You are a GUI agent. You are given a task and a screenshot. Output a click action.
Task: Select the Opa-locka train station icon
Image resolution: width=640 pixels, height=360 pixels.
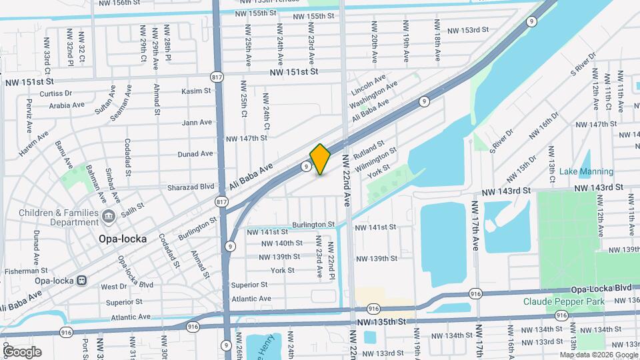point(81,281)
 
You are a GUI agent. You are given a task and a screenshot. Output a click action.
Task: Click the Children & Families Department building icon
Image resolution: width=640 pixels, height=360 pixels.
point(109,217)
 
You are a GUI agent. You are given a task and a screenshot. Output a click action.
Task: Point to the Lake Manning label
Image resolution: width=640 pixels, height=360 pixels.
point(586,172)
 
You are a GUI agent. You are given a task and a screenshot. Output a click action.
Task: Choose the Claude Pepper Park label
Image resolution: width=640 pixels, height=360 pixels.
point(563,301)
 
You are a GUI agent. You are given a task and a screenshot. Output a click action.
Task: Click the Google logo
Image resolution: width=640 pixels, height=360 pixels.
point(21,351)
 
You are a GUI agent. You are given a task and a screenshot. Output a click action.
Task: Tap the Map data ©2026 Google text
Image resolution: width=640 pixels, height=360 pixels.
point(597,355)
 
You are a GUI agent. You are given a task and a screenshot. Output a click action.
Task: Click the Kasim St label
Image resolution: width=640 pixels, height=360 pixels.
point(196,90)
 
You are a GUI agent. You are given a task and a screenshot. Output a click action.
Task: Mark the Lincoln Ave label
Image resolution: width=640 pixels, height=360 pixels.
point(368,85)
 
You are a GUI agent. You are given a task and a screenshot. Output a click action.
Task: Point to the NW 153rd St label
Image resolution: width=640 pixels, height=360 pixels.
point(468,31)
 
